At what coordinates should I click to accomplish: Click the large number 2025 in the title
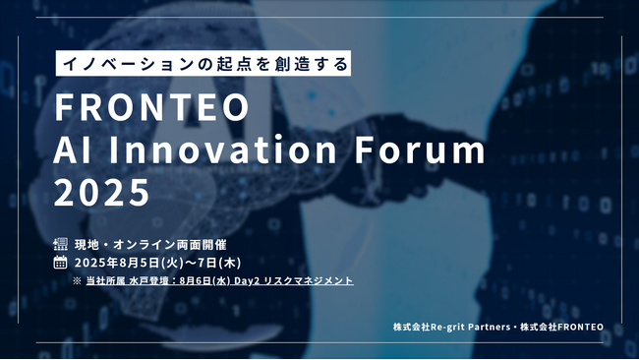pyautogui.click(x=102, y=192)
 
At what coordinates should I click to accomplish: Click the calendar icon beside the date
pyautogui.click(x=60, y=263)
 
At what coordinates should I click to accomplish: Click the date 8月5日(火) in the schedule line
pyautogui.click(x=158, y=263)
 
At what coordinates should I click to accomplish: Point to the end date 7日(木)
pyautogui.click(x=222, y=263)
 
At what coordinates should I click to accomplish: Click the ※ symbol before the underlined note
pyautogui.click(x=77, y=281)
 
